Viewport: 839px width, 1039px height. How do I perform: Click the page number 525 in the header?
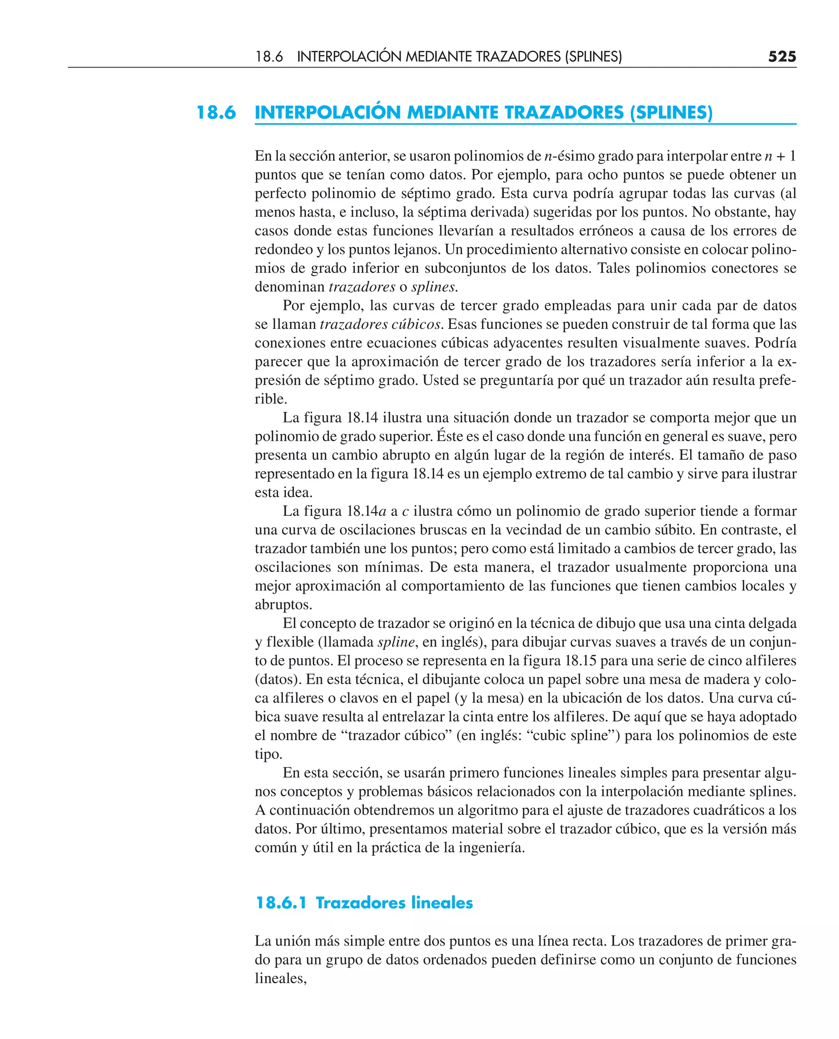point(782,57)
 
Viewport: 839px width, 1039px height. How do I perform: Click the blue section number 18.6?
point(216,113)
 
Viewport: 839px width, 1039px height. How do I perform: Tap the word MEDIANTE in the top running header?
point(438,57)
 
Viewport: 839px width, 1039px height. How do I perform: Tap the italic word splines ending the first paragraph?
point(433,287)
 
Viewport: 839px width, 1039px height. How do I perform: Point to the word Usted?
point(441,380)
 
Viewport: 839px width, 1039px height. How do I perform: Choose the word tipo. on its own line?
point(268,754)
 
